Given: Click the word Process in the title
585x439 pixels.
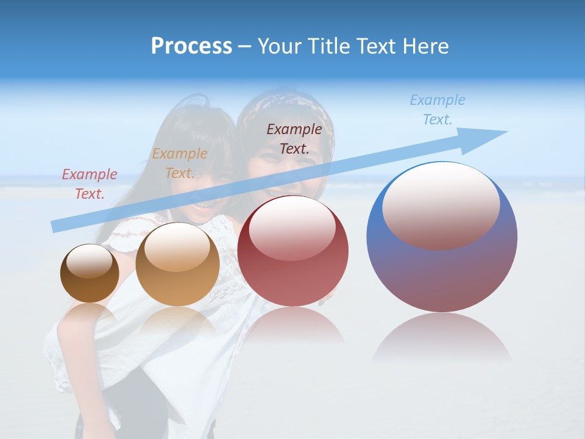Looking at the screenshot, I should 191,46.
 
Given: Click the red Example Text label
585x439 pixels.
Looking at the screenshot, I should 89,184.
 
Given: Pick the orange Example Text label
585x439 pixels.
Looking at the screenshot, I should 179,163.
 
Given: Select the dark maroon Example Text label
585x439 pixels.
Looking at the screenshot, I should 294,138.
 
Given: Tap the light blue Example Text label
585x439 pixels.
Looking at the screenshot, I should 437,110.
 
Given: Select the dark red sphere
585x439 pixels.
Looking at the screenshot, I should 293,268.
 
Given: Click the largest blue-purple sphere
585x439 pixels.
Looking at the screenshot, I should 442,268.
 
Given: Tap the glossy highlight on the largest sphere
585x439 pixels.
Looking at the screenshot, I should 441,204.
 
